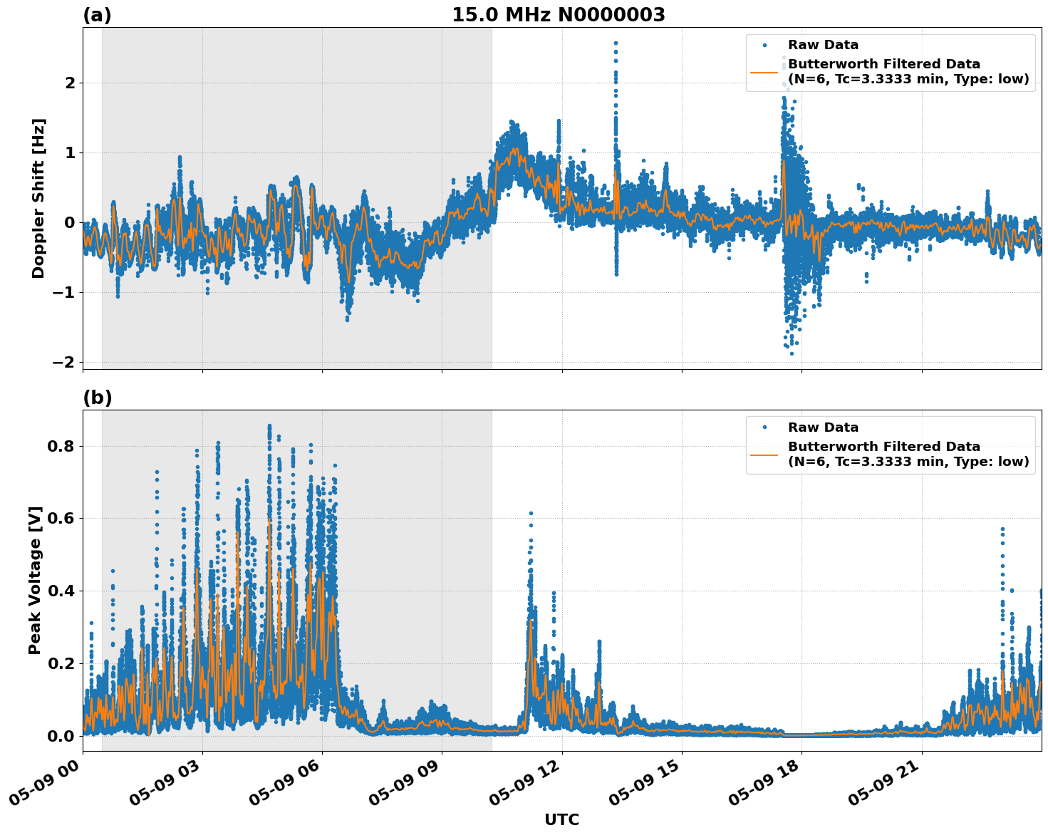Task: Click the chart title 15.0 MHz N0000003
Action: [558, 15]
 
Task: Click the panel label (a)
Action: [97, 15]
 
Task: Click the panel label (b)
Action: [97, 398]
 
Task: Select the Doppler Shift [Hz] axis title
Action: [38, 198]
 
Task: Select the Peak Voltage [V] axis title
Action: [35, 580]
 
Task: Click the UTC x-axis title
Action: [561, 819]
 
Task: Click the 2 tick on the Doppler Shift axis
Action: [70, 83]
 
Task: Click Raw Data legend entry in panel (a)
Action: [823, 45]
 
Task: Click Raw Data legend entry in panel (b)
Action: [823, 427]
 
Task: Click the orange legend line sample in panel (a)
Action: [764, 71]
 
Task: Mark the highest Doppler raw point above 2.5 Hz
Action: [616, 43]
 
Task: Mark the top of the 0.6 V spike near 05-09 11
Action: [531, 513]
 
